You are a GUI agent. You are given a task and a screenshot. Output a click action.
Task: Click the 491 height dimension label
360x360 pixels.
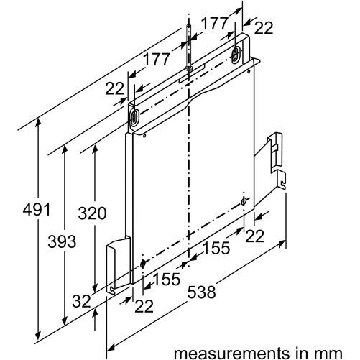(37, 209)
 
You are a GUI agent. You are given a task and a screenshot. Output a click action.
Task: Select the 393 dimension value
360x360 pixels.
(62, 241)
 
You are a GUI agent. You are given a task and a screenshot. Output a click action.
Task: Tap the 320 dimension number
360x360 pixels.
(92, 213)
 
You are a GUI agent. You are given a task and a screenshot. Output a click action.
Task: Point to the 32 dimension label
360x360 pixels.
(82, 301)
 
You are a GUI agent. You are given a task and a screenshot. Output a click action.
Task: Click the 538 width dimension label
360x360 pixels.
(201, 292)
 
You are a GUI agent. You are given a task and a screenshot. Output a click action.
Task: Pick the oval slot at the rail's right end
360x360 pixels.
(235, 55)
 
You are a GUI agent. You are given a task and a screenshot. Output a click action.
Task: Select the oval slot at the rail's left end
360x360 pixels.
(134, 117)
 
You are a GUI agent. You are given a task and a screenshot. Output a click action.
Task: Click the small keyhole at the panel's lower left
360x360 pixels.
(143, 264)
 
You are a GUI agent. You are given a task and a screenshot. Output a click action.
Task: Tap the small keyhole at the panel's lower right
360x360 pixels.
(244, 201)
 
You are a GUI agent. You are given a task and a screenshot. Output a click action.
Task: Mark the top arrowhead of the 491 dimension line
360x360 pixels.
(37, 124)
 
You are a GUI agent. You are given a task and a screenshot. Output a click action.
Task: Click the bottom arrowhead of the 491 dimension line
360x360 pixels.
(37, 337)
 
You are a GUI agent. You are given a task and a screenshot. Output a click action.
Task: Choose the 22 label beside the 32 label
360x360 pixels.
(144, 306)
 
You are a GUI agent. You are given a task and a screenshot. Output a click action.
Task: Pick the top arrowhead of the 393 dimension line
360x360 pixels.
(64, 150)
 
